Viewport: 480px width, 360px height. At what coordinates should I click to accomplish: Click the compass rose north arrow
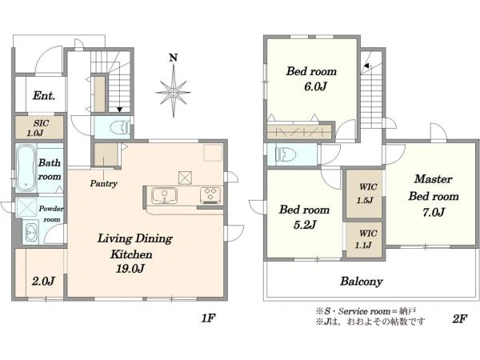pos(174,86)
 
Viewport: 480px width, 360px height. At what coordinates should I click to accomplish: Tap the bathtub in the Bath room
pos(26,167)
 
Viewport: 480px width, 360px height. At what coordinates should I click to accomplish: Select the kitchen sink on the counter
pos(164,195)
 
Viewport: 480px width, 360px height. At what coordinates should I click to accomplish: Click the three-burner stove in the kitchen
pos(210,195)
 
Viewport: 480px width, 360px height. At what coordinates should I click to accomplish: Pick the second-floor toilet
pos(286,154)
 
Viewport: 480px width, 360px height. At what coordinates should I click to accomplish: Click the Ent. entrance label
pos(44,96)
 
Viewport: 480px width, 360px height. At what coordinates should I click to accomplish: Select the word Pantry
pos(104,183)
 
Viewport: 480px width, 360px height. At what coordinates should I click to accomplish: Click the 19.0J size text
pos(130,269)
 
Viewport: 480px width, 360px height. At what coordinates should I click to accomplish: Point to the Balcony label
pos(362,282)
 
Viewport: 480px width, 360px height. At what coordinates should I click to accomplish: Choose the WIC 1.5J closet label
pos(366,194)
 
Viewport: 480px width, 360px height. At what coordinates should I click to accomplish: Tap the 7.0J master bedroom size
pos(433,212)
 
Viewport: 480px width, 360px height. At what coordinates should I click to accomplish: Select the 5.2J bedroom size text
pos(305,225)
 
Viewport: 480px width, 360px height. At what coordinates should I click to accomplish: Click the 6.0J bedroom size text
pos(315,86)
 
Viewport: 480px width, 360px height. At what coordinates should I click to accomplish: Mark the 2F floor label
pos(459,319)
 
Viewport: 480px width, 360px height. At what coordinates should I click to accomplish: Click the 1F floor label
pos(209,318)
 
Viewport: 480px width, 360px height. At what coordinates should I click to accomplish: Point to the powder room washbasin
pos(31,232)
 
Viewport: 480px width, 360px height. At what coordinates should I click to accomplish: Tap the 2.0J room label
pos(43,281)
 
